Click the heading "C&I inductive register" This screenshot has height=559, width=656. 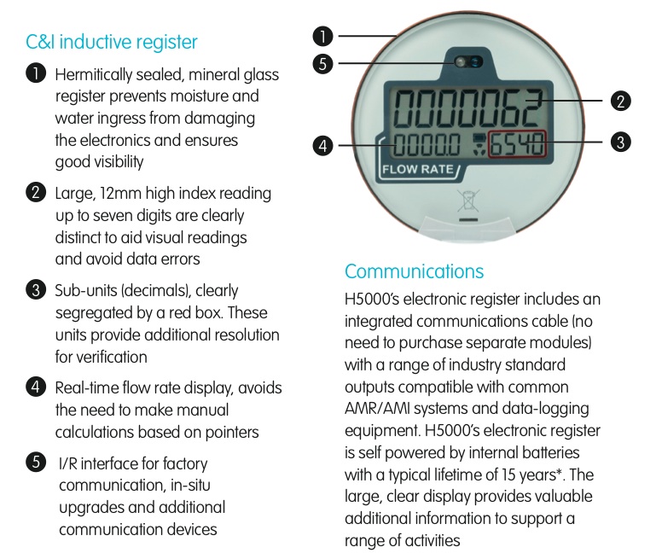point(111,43)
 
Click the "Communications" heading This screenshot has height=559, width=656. point(415,271)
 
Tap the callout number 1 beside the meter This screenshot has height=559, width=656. point(322,36)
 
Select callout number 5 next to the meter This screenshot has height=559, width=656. point(322,64)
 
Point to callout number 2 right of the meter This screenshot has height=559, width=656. point(620,102)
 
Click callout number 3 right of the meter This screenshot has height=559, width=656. point(620,142)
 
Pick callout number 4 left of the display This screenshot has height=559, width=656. point(322,146)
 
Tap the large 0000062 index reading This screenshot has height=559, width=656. point(467,108)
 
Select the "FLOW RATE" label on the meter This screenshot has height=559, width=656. point(417,170)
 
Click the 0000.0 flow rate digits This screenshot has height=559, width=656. point(426,144)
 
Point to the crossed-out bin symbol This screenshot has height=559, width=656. point(468,201)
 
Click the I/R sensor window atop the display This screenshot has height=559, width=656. point(468,62)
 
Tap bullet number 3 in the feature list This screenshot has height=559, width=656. point(36,290)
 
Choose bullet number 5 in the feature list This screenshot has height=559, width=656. point(36,463)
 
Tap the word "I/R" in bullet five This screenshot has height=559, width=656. point(67,464)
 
